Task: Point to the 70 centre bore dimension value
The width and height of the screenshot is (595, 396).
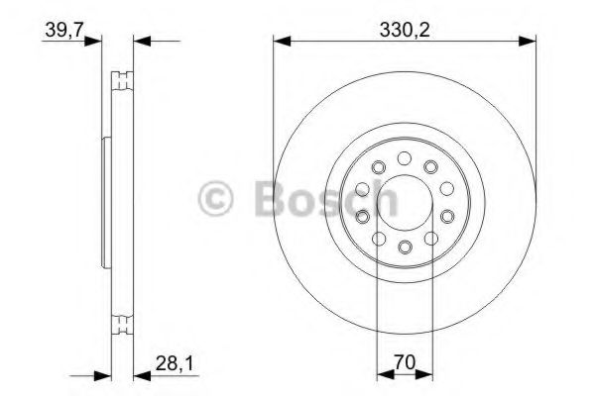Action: pos(405,362)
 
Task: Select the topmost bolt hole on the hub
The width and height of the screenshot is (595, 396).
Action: pos(405,157)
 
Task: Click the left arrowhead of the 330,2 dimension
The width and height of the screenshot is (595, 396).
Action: pos(280,41)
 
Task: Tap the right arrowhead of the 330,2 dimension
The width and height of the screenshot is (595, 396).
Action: pos(530,41)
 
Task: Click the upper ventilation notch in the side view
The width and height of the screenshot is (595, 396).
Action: pos(122,78)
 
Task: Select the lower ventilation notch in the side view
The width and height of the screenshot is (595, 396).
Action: pos(122,323)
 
